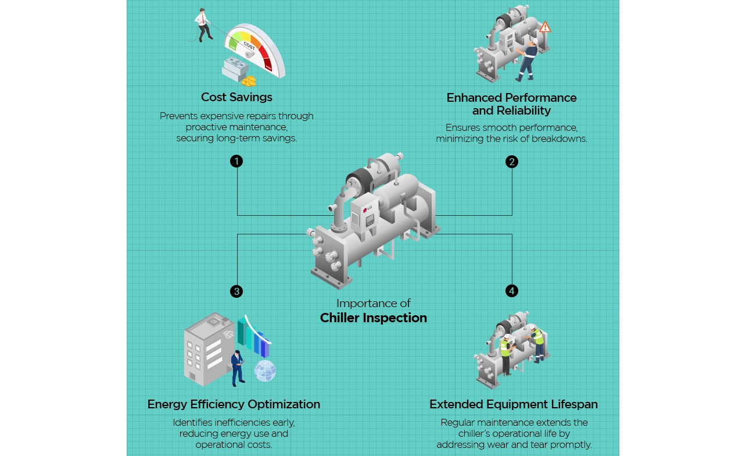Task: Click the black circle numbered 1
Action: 236,161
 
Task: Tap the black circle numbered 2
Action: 511,161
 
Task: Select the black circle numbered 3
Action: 236,291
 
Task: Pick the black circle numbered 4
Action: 511,291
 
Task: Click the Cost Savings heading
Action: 236,97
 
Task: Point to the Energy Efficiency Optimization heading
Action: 234,404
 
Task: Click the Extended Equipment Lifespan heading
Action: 513,404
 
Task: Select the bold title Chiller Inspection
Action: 373,318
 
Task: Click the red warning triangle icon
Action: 544,27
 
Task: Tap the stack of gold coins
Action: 249,81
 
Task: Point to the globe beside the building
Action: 265,370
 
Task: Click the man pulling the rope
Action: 203,24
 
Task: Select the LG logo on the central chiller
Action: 367,210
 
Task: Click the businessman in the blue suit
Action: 237,367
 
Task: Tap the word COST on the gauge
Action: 249,45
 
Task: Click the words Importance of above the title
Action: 373,303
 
